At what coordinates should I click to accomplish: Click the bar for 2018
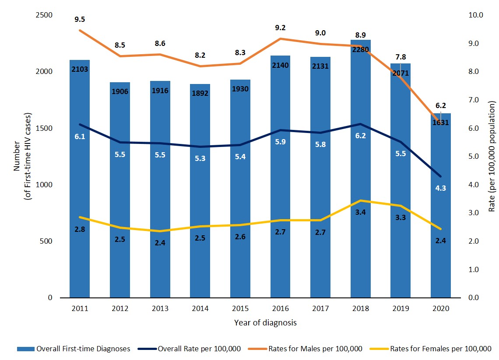coord(361,175)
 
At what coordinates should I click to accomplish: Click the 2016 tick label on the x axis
coord(281,308)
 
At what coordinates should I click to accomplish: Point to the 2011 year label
coord(80,308)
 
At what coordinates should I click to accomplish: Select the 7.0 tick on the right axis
coord(476,100)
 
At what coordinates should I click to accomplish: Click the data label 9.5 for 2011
coord(80,19)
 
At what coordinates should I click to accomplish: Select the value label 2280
coord(361,49)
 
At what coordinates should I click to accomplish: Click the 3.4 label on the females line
coord(361,213)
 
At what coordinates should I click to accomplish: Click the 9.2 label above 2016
coord(281,28)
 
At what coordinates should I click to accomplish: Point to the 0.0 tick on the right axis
coord(476,298)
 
